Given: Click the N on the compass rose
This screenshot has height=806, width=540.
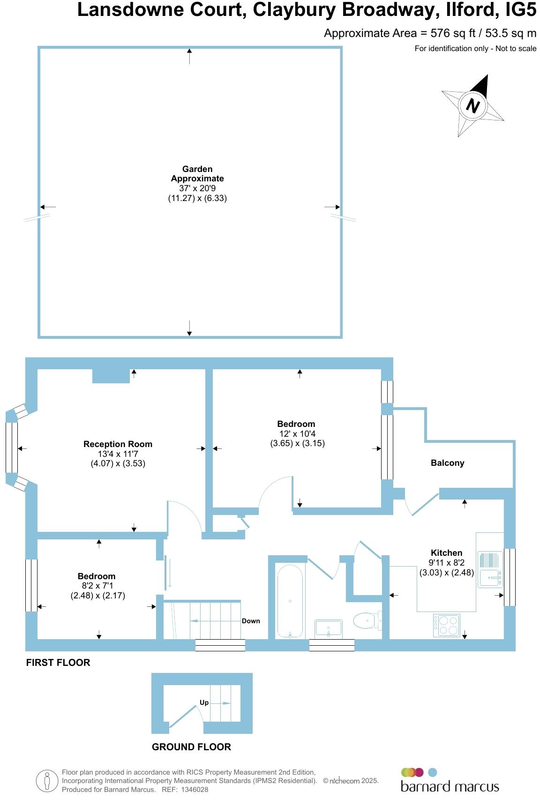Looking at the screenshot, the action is [473, 105].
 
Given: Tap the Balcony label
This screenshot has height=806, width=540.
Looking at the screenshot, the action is [448, 463].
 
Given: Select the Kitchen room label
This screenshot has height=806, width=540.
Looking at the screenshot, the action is [447, 553].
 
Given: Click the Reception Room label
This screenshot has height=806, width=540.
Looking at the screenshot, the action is [118, 444].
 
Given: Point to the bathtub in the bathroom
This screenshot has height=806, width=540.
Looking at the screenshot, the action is [291, 601].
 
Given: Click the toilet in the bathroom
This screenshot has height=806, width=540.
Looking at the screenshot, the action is [367, 621].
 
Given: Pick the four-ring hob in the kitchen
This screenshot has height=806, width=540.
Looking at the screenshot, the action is [447, 625].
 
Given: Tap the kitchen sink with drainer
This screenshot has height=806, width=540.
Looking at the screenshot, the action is [490, 569].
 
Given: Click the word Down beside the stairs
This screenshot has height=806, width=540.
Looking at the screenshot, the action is [251, 621].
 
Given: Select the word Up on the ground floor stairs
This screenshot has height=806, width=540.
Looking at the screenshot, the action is [204, 702].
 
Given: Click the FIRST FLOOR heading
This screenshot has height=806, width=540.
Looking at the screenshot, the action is [58, 663].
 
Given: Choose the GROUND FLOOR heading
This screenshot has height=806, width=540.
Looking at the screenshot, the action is [191, 747].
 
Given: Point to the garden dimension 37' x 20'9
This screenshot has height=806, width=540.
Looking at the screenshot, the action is [197, 188].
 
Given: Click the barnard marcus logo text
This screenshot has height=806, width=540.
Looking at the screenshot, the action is [450, 786].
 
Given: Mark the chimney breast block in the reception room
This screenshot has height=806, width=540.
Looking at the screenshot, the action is [111, 376].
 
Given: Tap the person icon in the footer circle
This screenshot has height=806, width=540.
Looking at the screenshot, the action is [47, 781].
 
